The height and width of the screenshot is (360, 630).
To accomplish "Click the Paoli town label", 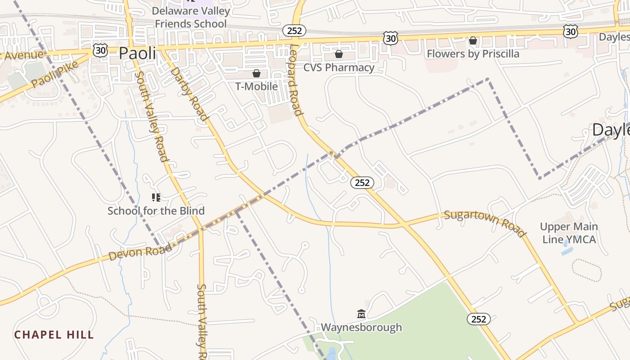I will pyautogui.click(x=137, y=53).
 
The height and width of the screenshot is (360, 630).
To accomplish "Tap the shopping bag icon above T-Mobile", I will pyautogui.click(x=256, y=73).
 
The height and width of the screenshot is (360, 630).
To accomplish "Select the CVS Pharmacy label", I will pyautogui.click(x=339, y=67).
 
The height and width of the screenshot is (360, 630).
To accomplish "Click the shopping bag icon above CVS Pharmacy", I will pyautogui.click(x=339, y=54).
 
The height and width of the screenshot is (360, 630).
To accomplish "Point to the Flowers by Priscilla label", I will pyautogui.click(x=473, y=54).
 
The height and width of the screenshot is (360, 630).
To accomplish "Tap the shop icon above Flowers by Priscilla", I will pyautogui.click(x=473, y=41).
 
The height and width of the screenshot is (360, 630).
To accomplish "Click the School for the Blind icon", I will pyautogui.click(x=156, y=197).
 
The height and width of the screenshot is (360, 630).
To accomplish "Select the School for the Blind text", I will pyautogui.click(x=156, y=211).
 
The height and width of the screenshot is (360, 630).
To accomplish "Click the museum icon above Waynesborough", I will pyautogui.click(x=361, y=314).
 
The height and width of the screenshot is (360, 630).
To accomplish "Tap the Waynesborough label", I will pyautogui.click(x=361, y=327).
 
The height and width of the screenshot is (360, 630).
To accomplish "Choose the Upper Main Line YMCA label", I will pyautogui.click(x=569, y=233).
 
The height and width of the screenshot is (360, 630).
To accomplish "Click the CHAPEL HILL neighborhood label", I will pyautogui.click(x=54, y=335).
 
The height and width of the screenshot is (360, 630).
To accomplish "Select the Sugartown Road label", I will pyautogui.click(x=485, y=223).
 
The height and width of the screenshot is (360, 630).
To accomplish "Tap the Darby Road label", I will pyautogui.click(x=189, y=94).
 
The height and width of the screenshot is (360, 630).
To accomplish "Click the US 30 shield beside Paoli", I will pyautogui.click(x=100, y=50).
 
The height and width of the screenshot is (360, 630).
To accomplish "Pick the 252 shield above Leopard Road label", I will pyautogui.click(x=294, y=31).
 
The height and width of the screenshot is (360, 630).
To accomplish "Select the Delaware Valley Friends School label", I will pyautogui.click(x=191, y=17).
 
